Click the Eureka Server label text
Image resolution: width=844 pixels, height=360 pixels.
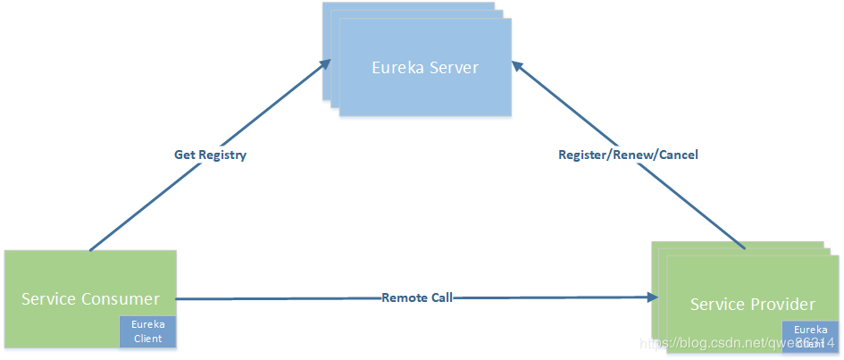click(425, 68)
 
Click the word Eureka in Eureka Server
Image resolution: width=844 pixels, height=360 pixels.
click(398, 68)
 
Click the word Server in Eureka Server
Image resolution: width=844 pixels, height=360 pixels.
click(452, 68)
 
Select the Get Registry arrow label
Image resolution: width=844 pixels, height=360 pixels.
click(210, 155)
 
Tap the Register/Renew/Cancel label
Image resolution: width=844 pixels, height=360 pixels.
click(628, 155)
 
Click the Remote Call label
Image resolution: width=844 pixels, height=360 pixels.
click(417, 297)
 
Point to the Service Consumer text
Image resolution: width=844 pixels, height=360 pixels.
click(90, 298)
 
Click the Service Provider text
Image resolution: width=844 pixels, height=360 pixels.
click(752, 305)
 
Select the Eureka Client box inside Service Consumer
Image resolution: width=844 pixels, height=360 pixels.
click(147, 331)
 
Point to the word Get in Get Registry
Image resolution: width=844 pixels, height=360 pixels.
click(184, 155)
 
